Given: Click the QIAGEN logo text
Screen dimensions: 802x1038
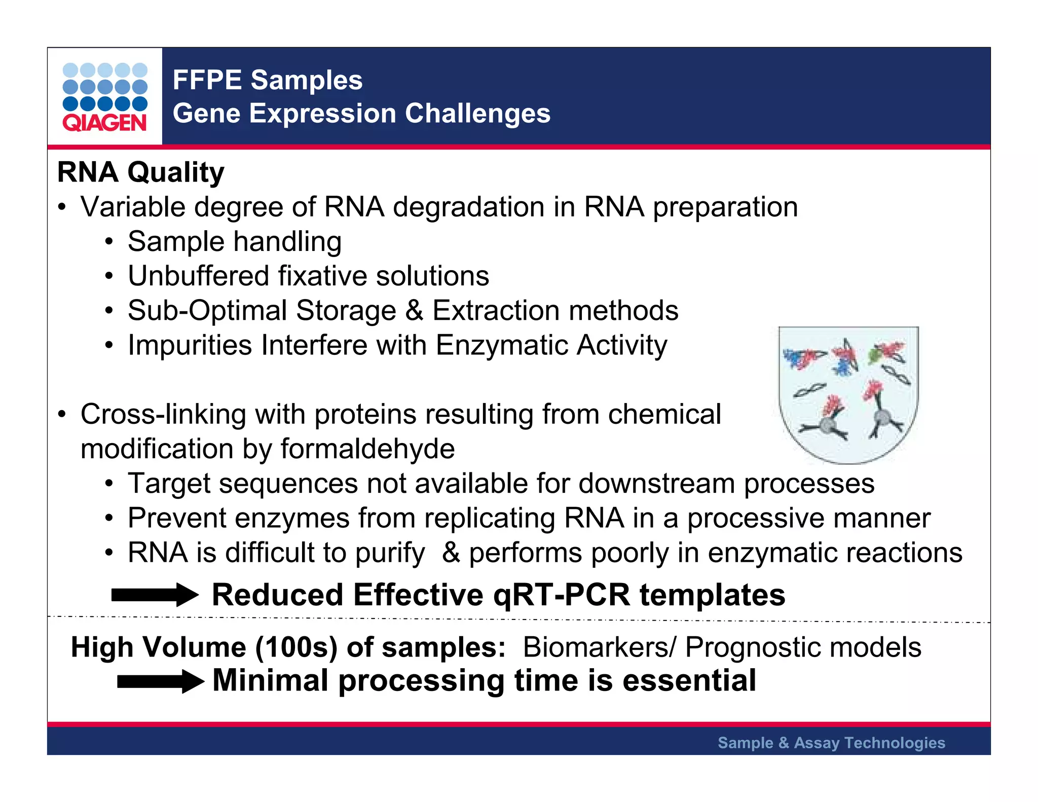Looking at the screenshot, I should click(x=104, y=123).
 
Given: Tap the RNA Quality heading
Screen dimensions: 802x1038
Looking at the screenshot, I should click(x=140, y=172).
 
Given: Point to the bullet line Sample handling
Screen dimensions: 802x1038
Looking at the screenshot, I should click(x=234, y=242).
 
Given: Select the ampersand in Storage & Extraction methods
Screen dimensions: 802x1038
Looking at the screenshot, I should click(x=414, y=311).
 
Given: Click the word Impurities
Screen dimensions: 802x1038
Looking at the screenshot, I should click(x=190, y=346).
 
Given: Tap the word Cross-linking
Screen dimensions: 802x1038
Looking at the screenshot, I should click(x=163, y=414).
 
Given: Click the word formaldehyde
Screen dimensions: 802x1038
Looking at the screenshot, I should click(x=367, y=449).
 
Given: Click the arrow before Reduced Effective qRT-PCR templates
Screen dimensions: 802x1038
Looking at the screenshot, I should click(x=155, y=595).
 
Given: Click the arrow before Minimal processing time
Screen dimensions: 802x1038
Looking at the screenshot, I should click(x=160, y=681).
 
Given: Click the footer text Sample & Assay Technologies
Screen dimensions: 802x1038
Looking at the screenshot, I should click(x=831, y=743).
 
